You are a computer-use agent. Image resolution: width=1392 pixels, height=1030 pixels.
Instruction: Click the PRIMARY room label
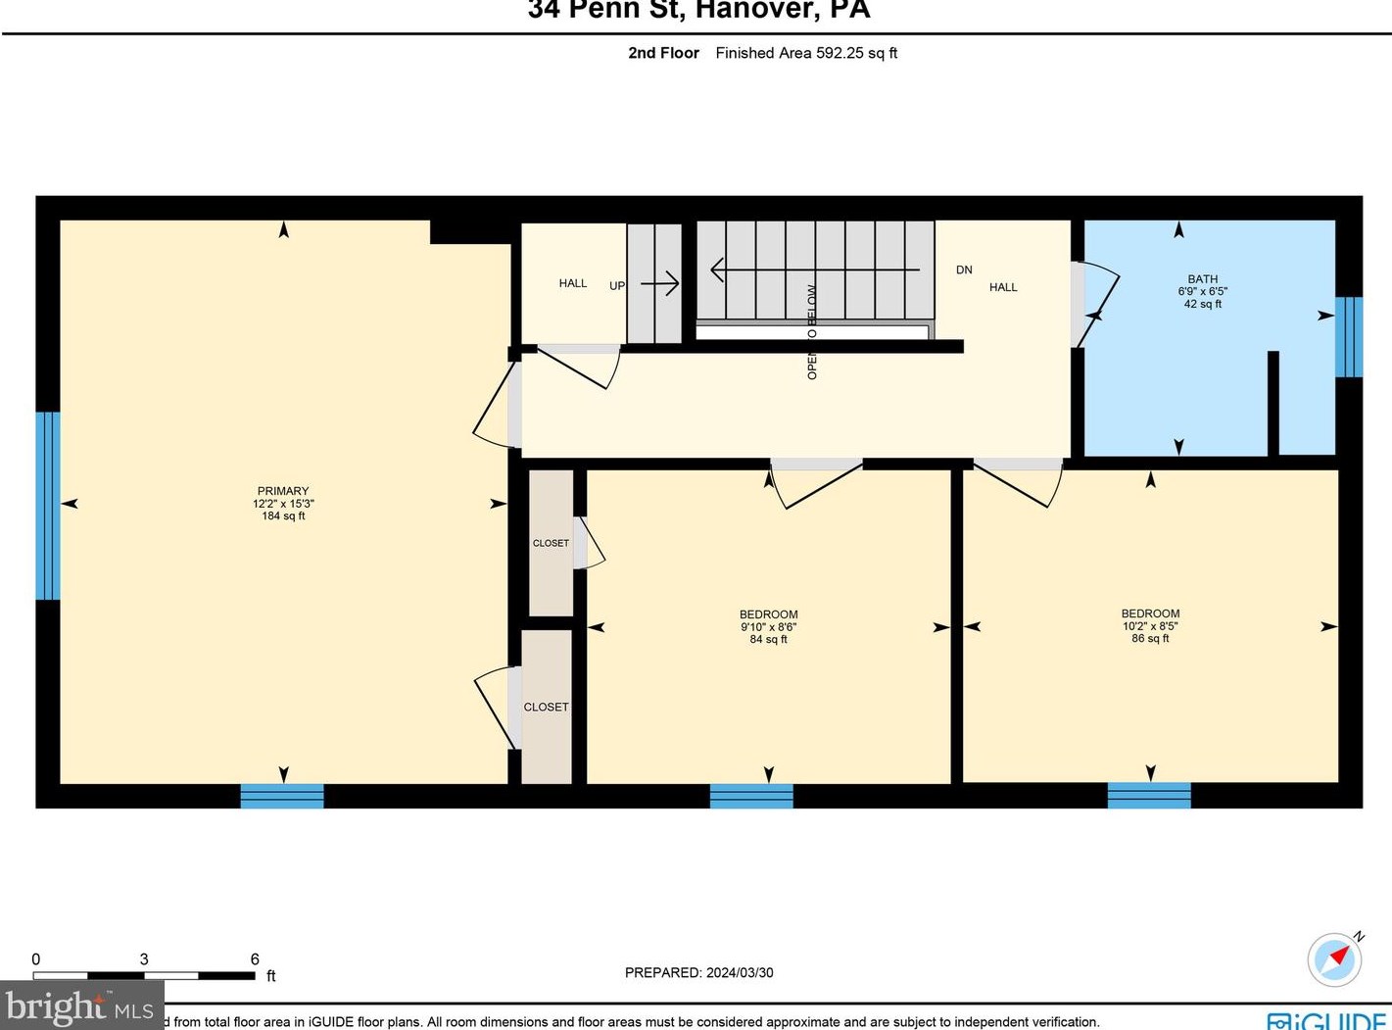tap(283, 491)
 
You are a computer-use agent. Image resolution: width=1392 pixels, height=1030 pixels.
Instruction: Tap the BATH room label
tap(1202, 279)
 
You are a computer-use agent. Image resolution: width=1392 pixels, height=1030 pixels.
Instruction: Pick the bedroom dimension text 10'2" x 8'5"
tap(1150, 626)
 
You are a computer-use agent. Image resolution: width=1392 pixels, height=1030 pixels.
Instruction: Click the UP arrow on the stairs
tap(659, 284)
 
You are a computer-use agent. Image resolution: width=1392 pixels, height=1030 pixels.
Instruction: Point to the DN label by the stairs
tap(964, 270)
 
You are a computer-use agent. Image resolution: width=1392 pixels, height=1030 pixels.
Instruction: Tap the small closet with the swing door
tap(551, 542)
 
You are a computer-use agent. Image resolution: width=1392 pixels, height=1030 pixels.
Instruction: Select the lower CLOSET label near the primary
tap(546, 707)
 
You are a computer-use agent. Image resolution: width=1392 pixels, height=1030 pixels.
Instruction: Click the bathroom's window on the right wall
tap(1349, 336)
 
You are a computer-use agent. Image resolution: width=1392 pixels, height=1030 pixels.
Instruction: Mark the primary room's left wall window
tap(47, 505)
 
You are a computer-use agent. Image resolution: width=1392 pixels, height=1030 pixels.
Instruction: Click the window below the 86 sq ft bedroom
tap(1149, 795)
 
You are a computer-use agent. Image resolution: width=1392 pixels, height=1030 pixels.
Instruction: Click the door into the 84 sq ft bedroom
tap(815, 483)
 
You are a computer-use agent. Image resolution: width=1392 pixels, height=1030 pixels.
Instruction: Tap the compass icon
tap(1334, 958)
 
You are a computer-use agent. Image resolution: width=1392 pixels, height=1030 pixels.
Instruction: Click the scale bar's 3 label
tap(144, 959)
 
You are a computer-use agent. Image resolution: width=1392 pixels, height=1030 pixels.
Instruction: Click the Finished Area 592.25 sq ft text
tap(805, 53)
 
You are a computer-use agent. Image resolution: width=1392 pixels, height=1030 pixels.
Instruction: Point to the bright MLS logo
tap(80, 1006)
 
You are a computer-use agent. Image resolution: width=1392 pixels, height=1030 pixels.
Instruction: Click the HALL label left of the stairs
tap(573, 283)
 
